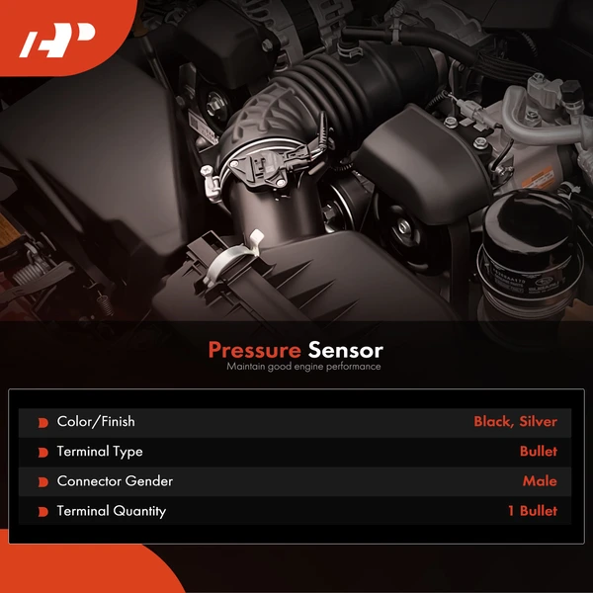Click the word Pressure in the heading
coord(255,350)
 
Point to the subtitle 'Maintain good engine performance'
coord(303,367)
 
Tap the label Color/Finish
coord(96,422)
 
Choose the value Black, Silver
coord(515,422)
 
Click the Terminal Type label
coord(100,452)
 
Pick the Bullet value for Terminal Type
coord(539,452)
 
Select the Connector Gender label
coord(115,481)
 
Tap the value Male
coord(540,481)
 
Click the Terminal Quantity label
coord(112,511)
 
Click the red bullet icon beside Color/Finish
coord(42,423)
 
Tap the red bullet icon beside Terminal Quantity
coord(42,512)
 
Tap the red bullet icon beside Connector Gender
coord(42,482)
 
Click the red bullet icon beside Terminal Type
coord(42,453)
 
